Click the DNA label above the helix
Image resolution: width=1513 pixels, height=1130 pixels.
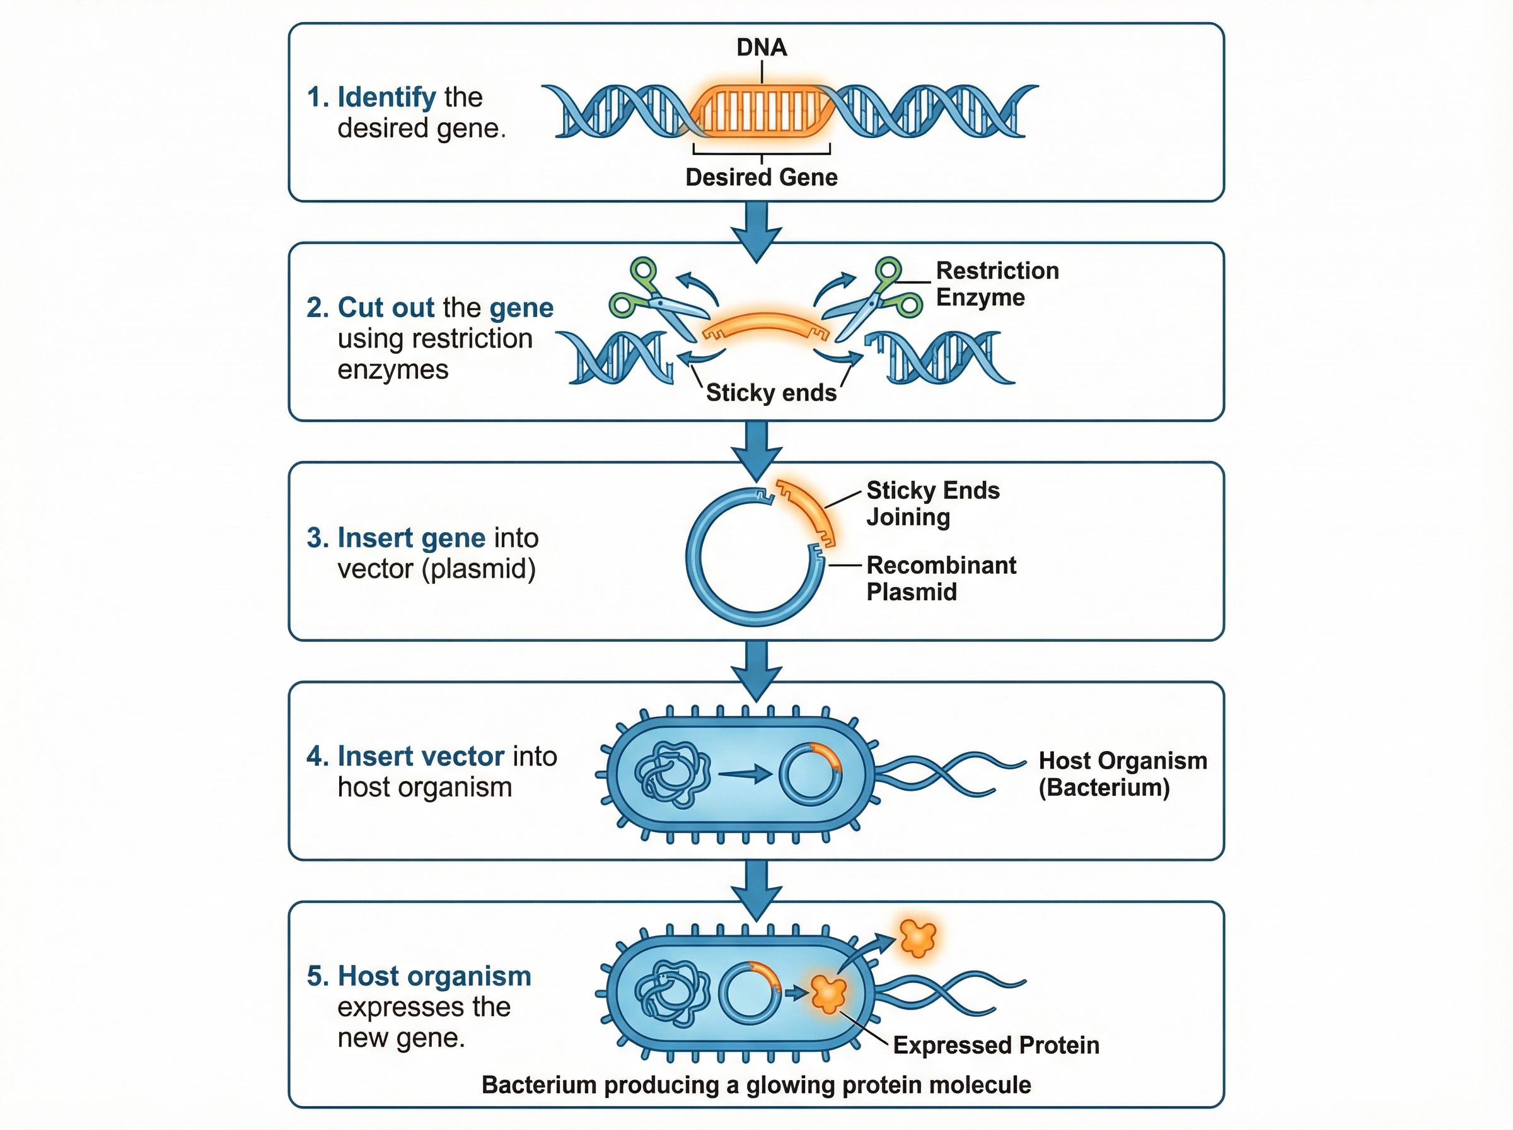[x=761, y=47]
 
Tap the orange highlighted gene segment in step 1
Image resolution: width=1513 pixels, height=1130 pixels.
[x=761, y=112]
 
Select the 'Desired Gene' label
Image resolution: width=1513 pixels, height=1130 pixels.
[x=761, y=177]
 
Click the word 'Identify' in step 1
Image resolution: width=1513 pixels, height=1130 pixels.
[x=386, y=97]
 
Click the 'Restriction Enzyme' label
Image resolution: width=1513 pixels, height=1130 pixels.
[x=996, y=284]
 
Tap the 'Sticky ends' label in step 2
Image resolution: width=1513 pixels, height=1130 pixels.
[x=770, y=393]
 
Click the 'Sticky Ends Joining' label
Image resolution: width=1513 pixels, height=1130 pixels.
[x=932, y=503]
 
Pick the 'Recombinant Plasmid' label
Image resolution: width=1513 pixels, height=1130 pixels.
[x=941, y=578]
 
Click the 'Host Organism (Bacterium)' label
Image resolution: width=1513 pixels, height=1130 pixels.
[x=1122, y=774]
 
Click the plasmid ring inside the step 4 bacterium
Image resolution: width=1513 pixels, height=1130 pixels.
[x=810, y=774]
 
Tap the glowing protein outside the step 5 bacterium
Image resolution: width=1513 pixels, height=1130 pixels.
[x=917, y=937]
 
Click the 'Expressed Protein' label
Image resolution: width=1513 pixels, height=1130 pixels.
[x=995, y=1045]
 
